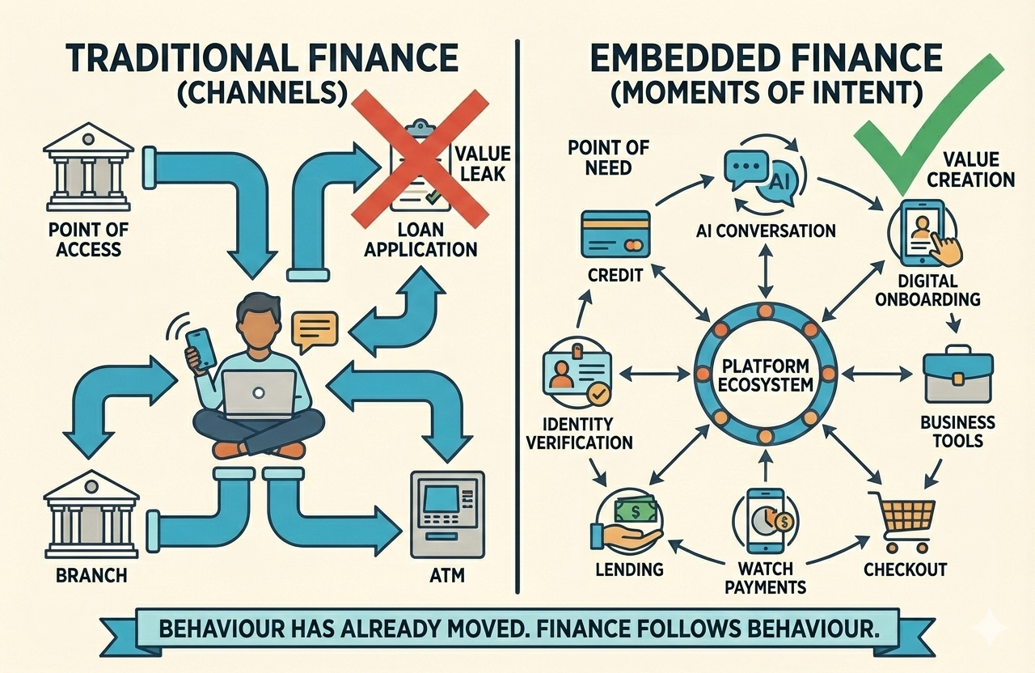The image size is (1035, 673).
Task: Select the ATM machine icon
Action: pos(446,514)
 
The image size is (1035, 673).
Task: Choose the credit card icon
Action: pos(615,234)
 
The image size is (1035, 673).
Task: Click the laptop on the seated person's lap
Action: pos(259,394)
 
